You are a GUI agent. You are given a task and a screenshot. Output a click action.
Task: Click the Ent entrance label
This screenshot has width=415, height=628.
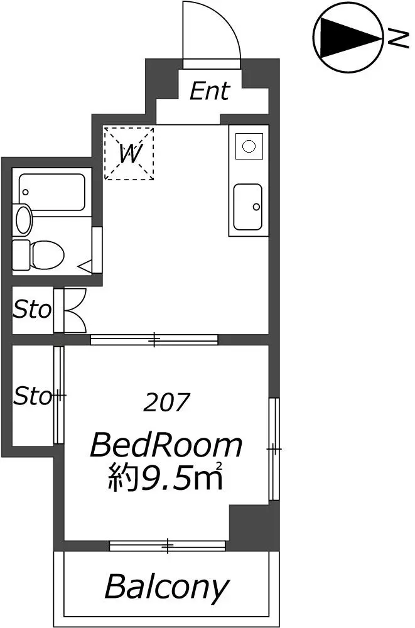click(x=210, y=91)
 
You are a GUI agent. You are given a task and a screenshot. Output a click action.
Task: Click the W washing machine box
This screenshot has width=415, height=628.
click(x=129, y=153)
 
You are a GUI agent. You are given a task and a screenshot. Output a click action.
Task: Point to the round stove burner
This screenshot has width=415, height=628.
click(x=249, y=146)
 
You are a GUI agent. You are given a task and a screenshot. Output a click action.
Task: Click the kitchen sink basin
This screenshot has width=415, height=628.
click(x=248, y=207)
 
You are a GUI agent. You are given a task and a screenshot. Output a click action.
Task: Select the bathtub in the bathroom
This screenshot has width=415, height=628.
click(x=52, y=192)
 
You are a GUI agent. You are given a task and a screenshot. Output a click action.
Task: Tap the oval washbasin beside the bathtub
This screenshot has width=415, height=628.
click(x=24, y=219)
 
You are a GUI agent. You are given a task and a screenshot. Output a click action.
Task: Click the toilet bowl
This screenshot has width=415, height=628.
click(x=38, y=255)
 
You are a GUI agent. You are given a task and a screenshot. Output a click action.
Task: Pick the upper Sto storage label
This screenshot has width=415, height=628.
click(x=33, y=310)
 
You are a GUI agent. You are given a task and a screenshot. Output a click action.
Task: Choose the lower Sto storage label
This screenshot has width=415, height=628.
click(x=33, y=396)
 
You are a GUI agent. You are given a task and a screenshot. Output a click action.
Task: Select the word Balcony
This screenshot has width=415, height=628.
click(x=166, y=587)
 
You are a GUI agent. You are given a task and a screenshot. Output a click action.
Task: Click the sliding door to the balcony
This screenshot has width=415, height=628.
click(x=168, y=546)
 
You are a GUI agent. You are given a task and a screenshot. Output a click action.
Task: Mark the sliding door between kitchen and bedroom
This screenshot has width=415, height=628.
click(x=154, y=340)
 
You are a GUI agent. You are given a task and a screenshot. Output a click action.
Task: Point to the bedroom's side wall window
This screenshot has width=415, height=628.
click(x=274, y=448)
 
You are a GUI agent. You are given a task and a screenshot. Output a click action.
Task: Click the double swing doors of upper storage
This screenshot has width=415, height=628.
click(x=75, y=310)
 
